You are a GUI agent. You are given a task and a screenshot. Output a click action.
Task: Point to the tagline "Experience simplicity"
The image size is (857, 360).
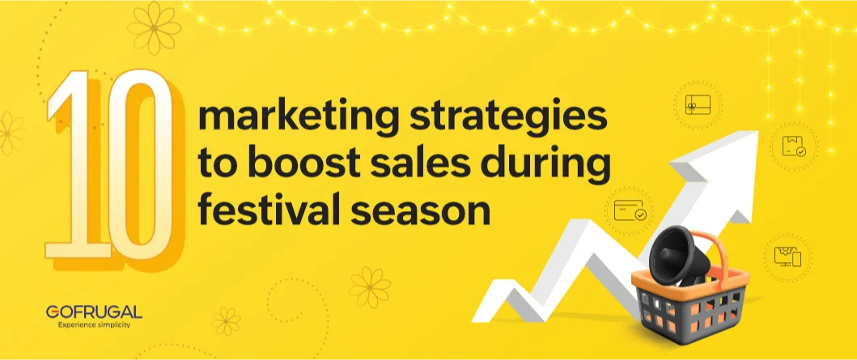[94, 324]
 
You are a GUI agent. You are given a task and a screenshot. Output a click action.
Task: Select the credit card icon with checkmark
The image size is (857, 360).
[630, 212]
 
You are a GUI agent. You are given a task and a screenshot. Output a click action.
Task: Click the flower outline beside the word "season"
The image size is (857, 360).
[369, 286]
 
